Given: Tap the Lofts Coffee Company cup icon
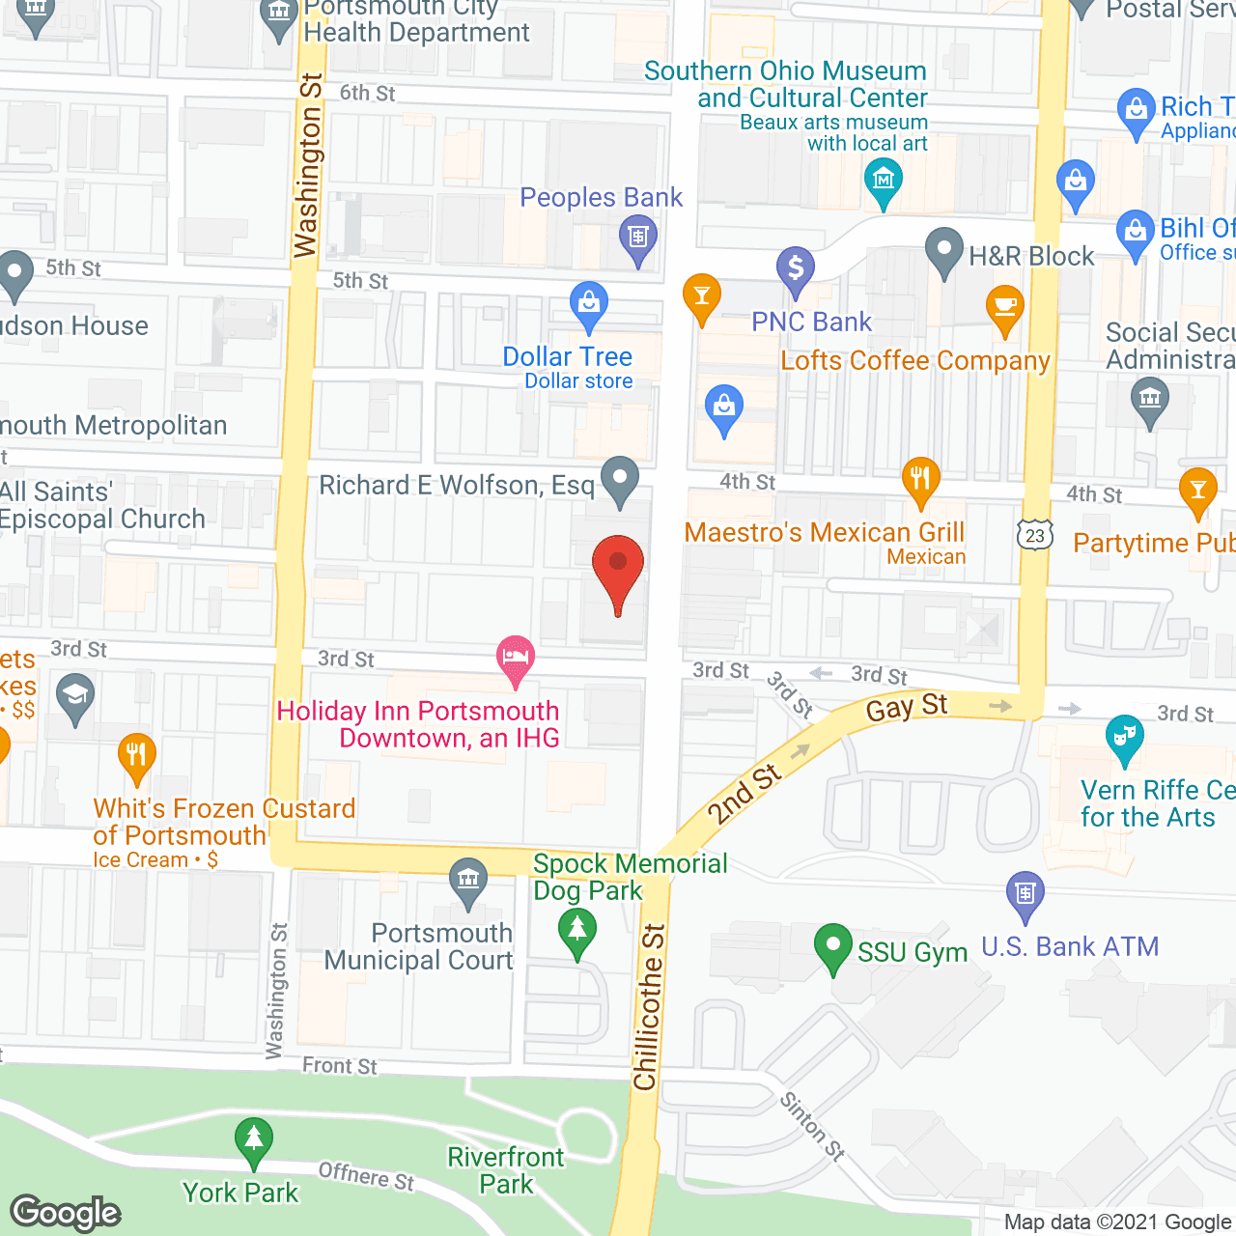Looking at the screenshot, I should click(x=1005, y=308).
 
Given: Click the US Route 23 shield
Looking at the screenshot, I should click(x=1035, y=534).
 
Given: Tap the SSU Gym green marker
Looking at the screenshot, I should click(x=832, y=946).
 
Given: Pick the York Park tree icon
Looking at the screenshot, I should click(x=253, y=1140).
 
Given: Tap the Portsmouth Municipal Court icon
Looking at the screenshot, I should click(x=468, y=882).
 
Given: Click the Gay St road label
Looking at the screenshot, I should click(x=907, y=707).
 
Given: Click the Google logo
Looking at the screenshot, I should click(x=66, y=1213).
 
